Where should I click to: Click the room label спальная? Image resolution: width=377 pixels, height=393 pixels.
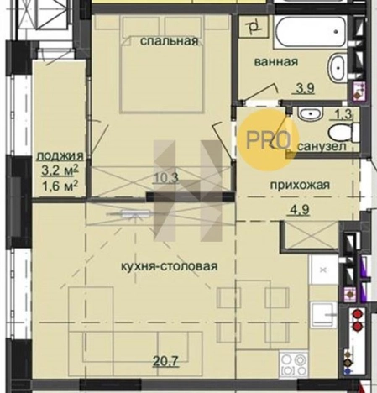click(170, 40)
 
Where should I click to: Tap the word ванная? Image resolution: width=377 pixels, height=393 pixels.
click(277, 61)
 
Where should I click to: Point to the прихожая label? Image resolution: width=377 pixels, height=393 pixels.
click(298, 185)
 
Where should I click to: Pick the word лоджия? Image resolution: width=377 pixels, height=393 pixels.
click(59, 156)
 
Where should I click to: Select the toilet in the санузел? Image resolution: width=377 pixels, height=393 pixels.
click(340, 132)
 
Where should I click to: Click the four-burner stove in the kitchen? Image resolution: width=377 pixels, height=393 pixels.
click(295, 365)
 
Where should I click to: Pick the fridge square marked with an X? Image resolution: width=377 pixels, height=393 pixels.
click(322, 270)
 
